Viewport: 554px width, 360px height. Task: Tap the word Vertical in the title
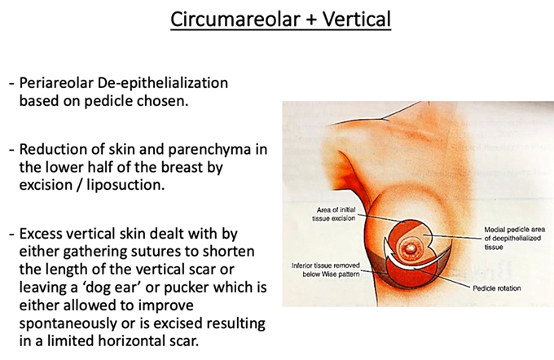(x=357, y=19)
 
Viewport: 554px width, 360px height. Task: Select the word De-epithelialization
(x=163, y=83)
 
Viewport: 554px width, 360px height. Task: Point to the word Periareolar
(x=56, y=83)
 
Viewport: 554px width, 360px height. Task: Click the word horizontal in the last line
(x=130, y=341)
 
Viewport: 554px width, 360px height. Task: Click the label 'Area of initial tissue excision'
(x=334, y=214)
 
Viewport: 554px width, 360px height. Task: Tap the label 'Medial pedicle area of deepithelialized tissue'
(x=515, y=238)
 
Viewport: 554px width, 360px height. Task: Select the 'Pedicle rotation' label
(x=497, y=288)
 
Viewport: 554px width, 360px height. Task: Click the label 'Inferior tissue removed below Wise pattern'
(x=326, y=270)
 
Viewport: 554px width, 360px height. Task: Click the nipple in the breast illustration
(x=411, y=249)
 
